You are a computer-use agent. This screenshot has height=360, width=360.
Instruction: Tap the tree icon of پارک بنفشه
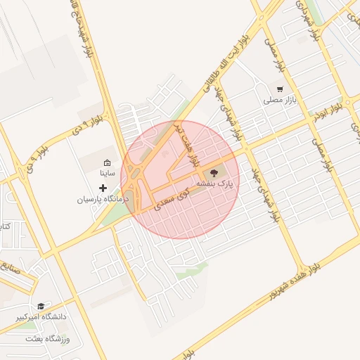click(x=214, y=171)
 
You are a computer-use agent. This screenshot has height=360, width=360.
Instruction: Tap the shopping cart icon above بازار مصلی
click(x=280, y=89)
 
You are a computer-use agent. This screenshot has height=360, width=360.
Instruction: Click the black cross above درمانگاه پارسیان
click(x=103, y=188)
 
